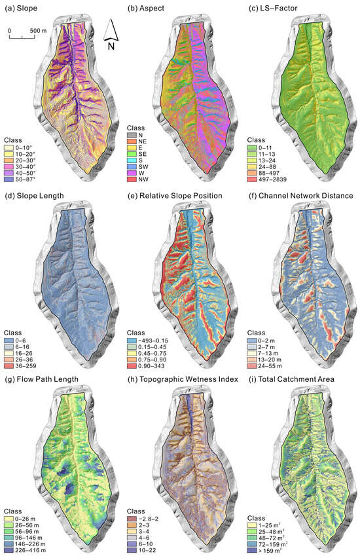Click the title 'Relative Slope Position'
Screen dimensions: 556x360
(x=177, y=195)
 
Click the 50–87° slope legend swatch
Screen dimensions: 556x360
(x=10, y=178)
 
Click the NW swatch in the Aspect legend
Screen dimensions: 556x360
(x=131, y=179)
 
